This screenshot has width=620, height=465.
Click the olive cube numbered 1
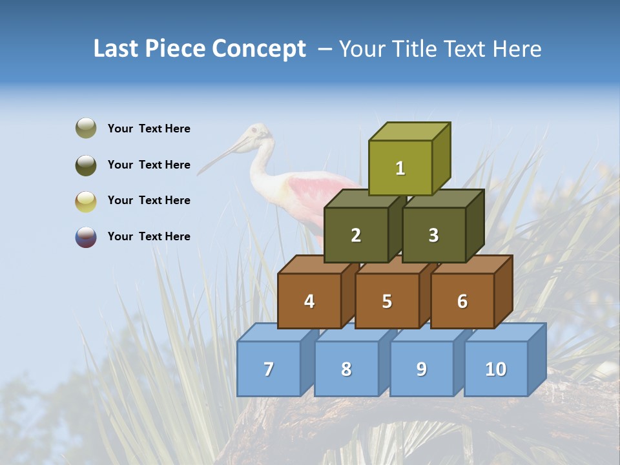(400, 168)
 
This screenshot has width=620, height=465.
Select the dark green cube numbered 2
(356, 235)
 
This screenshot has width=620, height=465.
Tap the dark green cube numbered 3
(433, 235)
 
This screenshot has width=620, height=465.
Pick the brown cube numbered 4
(309, 301)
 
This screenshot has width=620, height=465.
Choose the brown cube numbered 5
(387, 301)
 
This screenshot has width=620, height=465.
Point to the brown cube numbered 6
(462, 301)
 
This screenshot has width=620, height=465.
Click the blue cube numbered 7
(269, 369)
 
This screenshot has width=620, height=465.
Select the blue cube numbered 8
(346, 369)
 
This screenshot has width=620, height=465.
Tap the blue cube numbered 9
(421, 369)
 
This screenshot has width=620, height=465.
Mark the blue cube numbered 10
(495, 369)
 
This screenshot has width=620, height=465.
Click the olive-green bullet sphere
(86, 129)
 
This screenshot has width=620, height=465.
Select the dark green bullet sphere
(86, 165)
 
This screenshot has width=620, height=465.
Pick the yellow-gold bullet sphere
(86, 201)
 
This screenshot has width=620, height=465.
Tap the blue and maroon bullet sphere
(86, 237)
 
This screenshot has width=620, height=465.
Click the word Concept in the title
(258, 49)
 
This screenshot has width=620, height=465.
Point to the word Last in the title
(117, 49)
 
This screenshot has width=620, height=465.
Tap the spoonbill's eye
(255, 131)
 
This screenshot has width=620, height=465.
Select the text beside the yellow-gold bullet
(149, 200)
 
